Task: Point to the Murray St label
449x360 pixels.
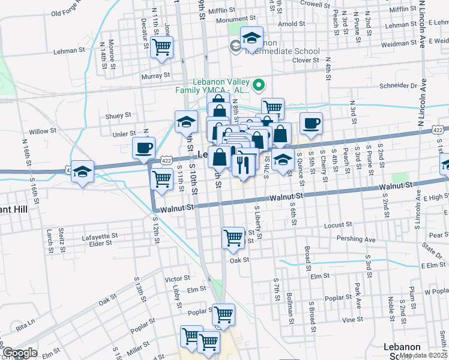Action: (x=156, y=76)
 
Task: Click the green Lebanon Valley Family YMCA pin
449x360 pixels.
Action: (x=260, y=85)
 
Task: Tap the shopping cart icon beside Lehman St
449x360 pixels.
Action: (x=162, y=47)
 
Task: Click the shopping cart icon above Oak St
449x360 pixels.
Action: (x=234, y=237)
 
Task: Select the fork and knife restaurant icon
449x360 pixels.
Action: (x=243, y=164)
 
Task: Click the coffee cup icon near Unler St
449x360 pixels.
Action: (x=143, y=148)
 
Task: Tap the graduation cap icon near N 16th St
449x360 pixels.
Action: (x=82, y=170)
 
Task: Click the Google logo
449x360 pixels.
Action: (x=20, y=353)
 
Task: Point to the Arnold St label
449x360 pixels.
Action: (x=292, y=25)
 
